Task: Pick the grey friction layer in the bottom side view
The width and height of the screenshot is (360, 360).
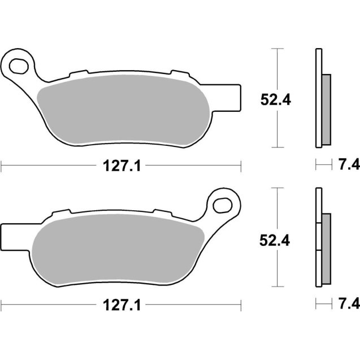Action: coord(326,249)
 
